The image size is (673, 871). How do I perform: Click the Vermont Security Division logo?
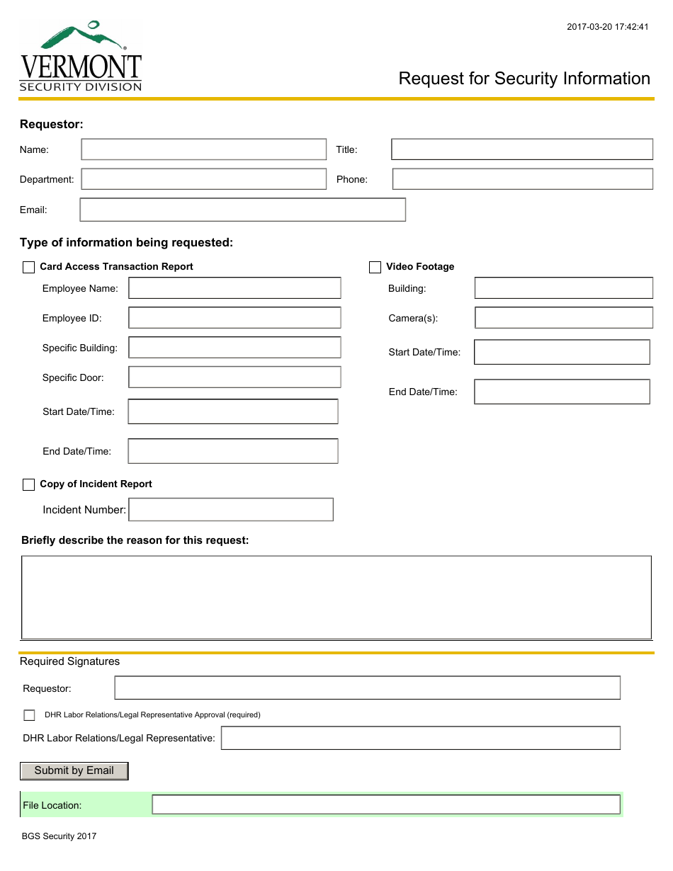(81, 57)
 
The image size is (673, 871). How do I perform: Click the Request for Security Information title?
(524, 79)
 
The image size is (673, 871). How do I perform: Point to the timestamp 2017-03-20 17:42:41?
(607, 28)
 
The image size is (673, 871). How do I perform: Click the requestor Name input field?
(203, 149)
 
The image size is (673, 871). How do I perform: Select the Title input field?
(521, 149)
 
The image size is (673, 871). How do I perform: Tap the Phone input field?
(522, 179)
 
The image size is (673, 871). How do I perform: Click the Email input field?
(242, 210)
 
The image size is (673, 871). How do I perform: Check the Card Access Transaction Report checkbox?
(29, 267)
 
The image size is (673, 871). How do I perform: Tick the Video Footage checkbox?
(375, 267)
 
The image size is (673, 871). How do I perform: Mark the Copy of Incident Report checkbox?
(29, 484)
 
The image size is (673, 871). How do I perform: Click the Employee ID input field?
(234, 318)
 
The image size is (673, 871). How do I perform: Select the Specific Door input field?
(234, 377)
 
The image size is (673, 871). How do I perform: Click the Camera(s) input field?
(563, 318)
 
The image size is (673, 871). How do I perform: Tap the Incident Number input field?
(230, 510)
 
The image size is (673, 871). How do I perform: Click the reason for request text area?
(336, 598)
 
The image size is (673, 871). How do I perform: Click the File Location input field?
(385, 804)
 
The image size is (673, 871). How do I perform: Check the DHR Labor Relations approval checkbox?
(29, 715)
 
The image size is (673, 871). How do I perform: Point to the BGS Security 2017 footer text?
(59, 836)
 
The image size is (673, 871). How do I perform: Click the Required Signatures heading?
(69, 661)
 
